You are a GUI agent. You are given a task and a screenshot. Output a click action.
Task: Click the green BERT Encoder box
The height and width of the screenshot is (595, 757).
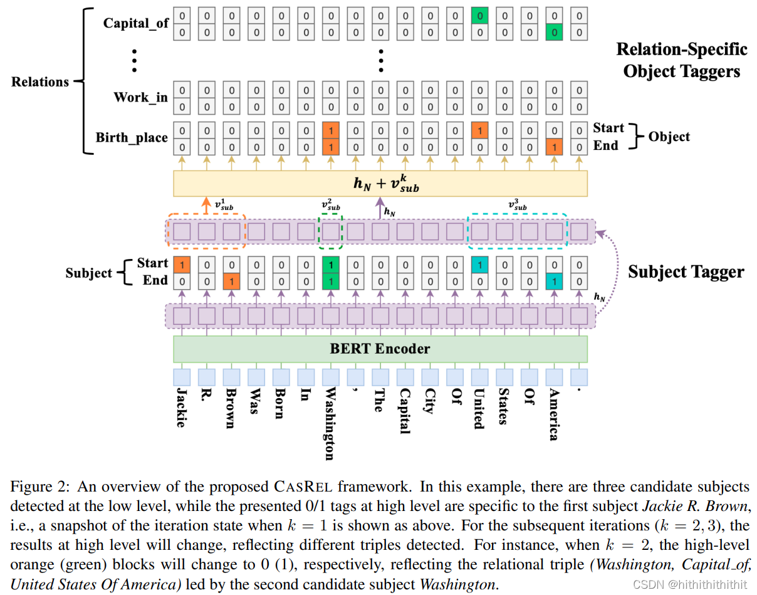click(x=380, y=349)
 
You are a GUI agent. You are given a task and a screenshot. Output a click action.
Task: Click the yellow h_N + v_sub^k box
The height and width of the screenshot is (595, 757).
click(x=380, y=183)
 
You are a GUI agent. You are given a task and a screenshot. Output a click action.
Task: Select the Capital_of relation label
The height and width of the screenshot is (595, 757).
click(x=136, y=23)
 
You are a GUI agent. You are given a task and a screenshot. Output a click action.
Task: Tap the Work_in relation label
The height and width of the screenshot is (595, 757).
click(x=140, y=97)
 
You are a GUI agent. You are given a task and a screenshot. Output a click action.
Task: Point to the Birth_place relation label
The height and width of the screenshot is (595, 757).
click(x=132, y=137)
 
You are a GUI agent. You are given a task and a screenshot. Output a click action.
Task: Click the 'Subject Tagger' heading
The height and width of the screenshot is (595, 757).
click(x=686, y=271)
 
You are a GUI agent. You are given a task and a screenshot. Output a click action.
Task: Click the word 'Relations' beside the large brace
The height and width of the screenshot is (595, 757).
click(x=40, y=82)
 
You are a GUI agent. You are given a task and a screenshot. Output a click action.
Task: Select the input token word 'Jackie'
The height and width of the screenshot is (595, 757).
click(x=181, y=408)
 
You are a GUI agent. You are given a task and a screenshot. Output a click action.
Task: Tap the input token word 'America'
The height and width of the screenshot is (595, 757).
click(x=554, y=414)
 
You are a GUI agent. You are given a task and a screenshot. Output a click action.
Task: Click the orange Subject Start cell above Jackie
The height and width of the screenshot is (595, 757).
click(x=182, y=265)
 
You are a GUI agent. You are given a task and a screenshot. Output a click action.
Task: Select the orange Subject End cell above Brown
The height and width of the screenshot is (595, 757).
click(x=231, y=282)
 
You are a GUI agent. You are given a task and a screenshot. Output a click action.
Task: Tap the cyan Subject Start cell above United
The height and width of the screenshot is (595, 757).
click(x=479, y=265)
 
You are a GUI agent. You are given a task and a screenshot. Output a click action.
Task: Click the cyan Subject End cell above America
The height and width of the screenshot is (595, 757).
click(x=554, y=282)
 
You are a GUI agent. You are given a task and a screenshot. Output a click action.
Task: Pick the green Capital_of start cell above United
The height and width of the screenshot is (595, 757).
click(x=479, y=15)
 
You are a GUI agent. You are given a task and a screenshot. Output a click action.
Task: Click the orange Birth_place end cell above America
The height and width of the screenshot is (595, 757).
click(x=554, y=147)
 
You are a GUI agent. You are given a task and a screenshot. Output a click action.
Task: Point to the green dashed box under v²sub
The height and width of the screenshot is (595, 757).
click(x=330, y=231)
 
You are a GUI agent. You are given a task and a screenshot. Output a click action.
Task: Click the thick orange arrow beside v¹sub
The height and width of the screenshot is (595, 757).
click(x=206, y=205)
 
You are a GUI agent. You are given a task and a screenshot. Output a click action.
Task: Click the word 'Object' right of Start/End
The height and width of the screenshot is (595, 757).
click(x=669, y=137)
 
